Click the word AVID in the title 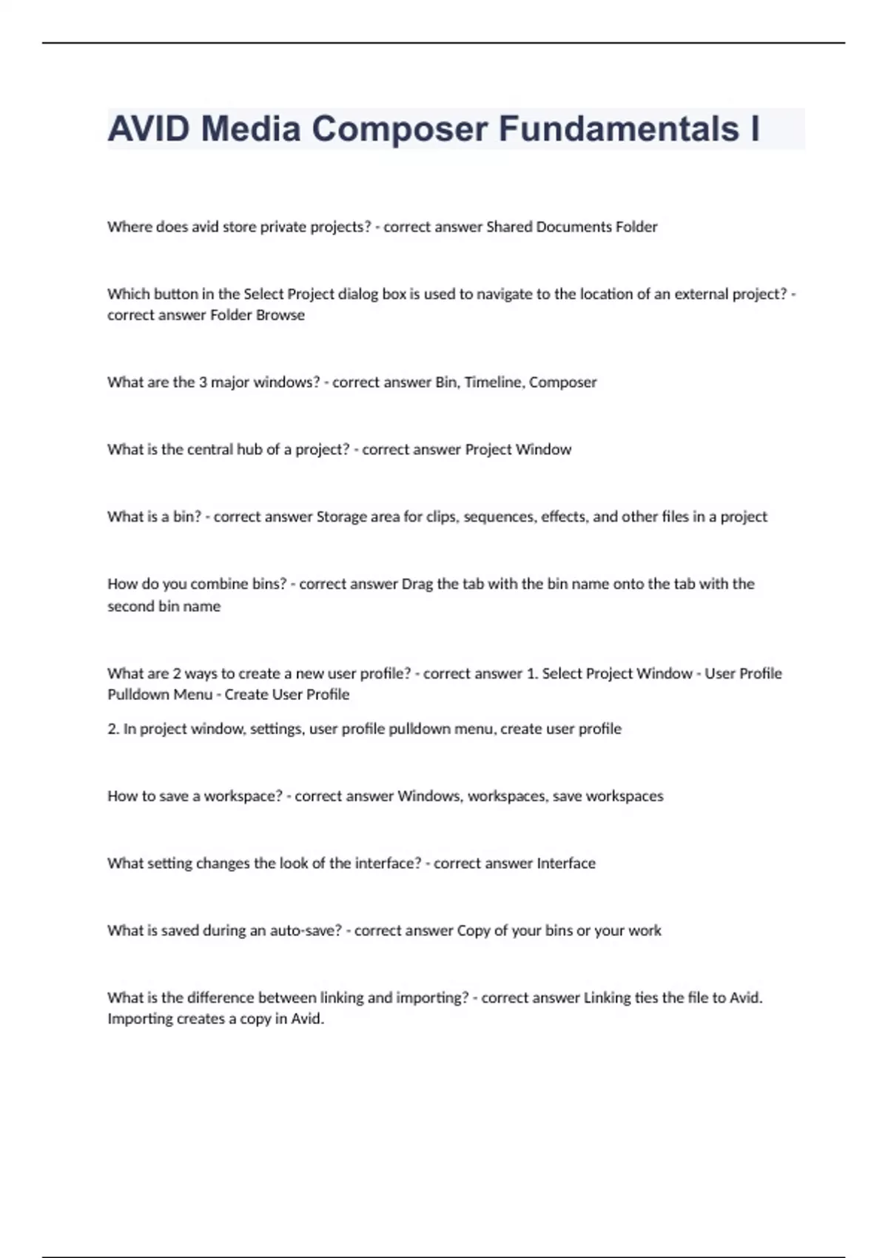pyautogui.click(x=149, y=129)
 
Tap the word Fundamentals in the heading pyautogui.click(x=619, y=129)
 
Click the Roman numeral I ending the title pyautogui.click(x=755, y=129)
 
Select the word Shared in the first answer pyautogui.click(x=508, y=226)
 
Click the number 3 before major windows pyautogui.click(x=203, y=382)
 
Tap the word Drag pyautogui.click(x=417, y=584)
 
